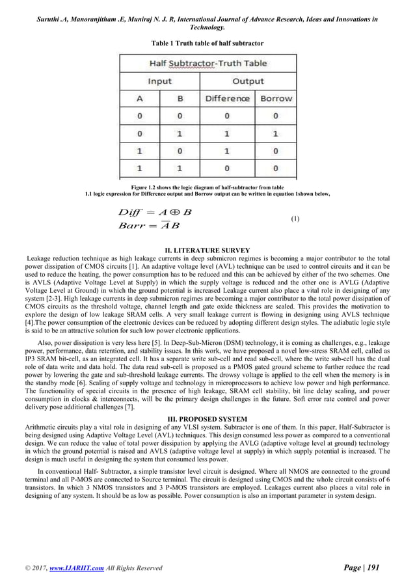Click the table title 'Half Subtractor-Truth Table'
[x=207, y=64]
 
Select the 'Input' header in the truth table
[x=159, y=81]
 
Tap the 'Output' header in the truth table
[x=248, y=81]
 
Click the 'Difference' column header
[x=227, y=99]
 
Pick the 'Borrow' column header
[x=276, y=99]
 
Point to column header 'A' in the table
[x=139, y=99]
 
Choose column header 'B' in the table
[x=180, y=99]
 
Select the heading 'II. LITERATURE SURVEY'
[x=207, y=250]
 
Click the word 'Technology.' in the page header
[x=207, y=28]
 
